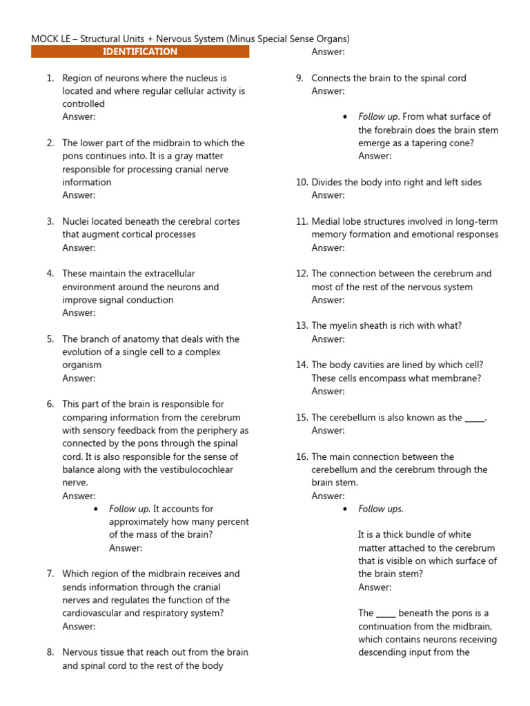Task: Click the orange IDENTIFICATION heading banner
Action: tap(140, 52)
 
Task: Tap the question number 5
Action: tap(50, 339)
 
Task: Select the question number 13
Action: tap(302, 326)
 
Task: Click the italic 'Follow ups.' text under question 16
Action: tap(381, 509)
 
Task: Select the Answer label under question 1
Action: tap(79, 117)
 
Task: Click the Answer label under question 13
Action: tap(328, 339)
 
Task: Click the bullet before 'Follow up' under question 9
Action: tap(345, 117)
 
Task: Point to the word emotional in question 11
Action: tap(439, 234)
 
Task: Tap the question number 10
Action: tap(302, 183)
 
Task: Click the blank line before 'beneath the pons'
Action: tap(386, 614)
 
